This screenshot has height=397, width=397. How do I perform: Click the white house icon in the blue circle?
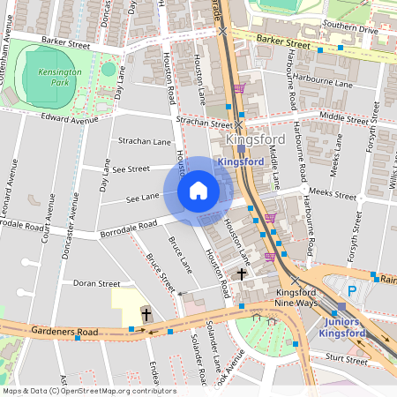[x=198, y=191]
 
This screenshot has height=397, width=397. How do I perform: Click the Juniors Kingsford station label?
[x=341, y=327]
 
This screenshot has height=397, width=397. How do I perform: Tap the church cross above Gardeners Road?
[x=146, y=314]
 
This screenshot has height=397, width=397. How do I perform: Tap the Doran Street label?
[x=96, y=283]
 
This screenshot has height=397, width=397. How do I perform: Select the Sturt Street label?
[x=346, y=359]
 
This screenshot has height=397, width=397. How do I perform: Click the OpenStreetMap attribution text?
[x=88, y=391]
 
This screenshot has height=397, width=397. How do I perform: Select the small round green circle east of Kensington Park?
[x=109, y=69]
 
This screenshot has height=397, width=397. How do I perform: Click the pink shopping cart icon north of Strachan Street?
[x=240, y=88]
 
